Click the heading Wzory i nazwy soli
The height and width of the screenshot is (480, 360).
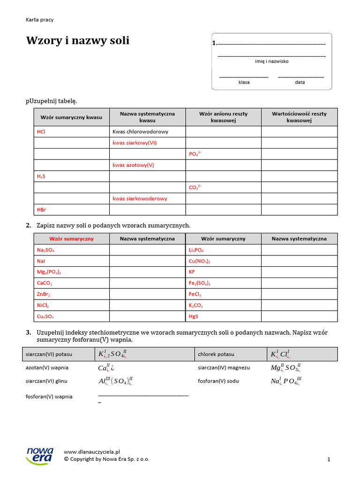tap(77, 41)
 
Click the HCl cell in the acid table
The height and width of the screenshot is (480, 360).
tap(41, 132)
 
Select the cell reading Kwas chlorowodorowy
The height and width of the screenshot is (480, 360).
tap(140, 132)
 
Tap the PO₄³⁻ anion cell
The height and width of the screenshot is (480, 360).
tap(195, 154)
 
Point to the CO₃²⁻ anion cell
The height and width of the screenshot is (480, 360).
tap(195, 187)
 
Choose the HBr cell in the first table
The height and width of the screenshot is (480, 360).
tap(41, 210)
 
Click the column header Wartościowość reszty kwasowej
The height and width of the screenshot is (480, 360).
tap(299, 117)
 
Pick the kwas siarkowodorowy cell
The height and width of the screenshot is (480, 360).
tap(140, 198)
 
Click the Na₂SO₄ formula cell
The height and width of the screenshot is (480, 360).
tap(49, 250)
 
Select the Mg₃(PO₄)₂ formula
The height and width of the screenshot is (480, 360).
tap(49, 272)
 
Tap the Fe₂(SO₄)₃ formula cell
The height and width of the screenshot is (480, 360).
tap(200, 283)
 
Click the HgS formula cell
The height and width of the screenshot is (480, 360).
tap(194, 316)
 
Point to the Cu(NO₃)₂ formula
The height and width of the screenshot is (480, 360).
tap(199, 261)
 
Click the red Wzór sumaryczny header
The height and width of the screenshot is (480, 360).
tap(71, 239)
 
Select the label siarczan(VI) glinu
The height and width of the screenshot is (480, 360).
tap(48, 381)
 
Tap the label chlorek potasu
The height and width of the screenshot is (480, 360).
tap(216, 354)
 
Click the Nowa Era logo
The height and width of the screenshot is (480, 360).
tap(40, 455)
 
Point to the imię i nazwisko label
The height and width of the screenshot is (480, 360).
tap(271, 61)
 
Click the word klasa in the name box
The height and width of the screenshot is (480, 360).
tap(244, 82)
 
